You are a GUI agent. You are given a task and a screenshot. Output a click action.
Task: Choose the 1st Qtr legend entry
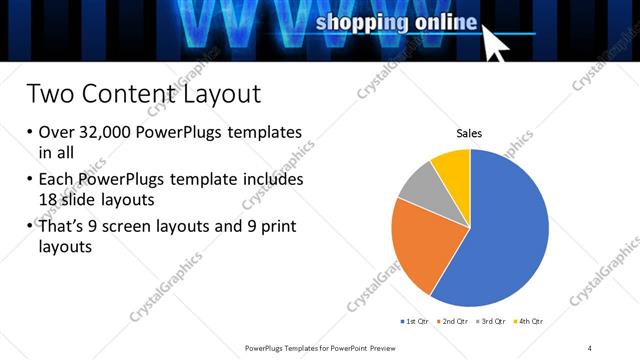click(416, 321)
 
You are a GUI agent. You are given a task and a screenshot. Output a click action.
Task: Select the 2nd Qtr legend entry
click(456, 321)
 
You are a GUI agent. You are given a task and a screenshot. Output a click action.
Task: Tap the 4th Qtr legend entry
click(530, 321)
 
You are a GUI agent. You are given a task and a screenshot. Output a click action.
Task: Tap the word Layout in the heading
click(220, 95)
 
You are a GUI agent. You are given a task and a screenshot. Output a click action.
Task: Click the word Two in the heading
click(50, 95)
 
